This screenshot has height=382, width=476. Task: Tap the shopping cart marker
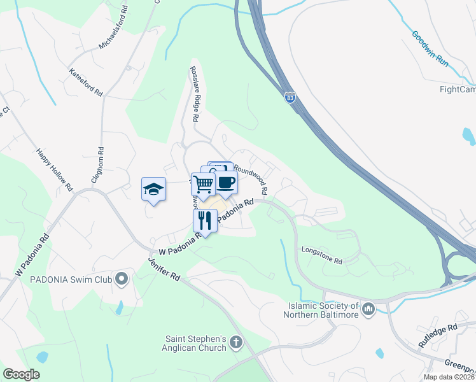pos(204,184)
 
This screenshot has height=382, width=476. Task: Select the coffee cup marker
pos(226,182)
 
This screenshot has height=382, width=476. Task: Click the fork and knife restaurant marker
pos(205,220)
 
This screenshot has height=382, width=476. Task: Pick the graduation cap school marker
pos(153,189)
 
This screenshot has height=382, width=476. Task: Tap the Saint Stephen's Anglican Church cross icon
pos(236,343)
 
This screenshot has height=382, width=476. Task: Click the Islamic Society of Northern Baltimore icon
pos(368,309)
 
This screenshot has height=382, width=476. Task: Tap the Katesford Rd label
pos(86,82)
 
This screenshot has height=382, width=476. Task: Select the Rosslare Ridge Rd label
pos(194,95)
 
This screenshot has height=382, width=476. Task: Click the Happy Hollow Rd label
pos(55,170)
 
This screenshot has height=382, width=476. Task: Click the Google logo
pos(21,374)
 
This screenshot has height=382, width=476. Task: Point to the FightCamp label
pos(458,89)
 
